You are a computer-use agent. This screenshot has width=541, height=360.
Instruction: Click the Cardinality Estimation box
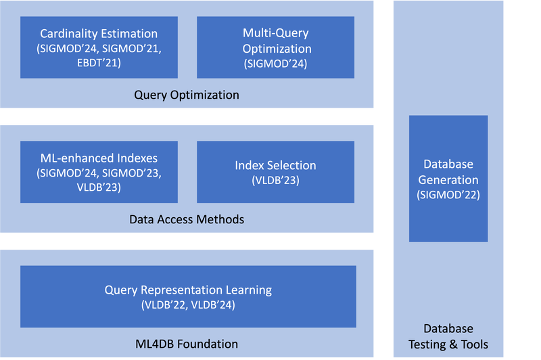(x=99, y=47)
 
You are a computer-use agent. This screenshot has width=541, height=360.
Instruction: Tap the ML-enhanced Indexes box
(x=99, y=172)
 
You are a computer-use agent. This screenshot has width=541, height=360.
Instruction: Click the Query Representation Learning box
(x=188, y=296)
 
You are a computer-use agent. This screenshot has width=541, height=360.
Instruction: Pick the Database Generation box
(x=448, y=179)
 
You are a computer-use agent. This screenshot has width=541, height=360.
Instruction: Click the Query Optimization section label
(x=186, y=95)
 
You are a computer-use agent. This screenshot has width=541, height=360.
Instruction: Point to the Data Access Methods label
(x=186, y=219)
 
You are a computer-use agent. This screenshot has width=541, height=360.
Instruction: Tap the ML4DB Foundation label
(x=186, y=344)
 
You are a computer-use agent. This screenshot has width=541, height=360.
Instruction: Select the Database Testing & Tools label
(x=449, y=336)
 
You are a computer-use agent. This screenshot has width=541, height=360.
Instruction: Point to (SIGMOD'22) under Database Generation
(x=448, y=195)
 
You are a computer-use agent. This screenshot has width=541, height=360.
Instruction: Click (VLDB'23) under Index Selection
(x=275, y=181)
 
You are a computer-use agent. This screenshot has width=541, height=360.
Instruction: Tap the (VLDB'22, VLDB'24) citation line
(x=188, y=305)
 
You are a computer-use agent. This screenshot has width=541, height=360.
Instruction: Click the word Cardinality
(x=69, y=34)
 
